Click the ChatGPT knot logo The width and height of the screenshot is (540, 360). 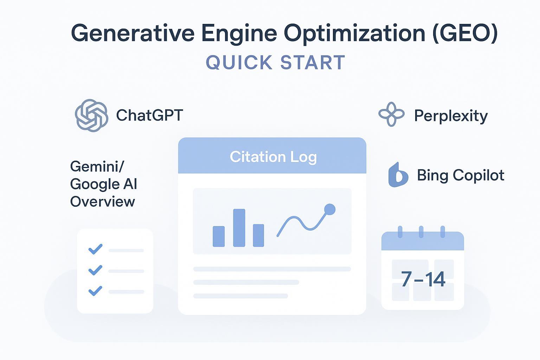point(91,116)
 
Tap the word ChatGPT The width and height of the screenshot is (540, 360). point(149,115)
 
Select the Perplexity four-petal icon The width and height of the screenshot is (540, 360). point(391,114)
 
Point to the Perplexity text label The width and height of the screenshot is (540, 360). point(451,116)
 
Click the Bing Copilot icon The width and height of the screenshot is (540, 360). point(398,175)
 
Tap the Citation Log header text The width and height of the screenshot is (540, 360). point(273,157)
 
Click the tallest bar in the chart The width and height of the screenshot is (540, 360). point(239,228)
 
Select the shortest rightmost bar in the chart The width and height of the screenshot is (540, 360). point(258,235)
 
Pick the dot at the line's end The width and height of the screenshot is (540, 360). point(329,210)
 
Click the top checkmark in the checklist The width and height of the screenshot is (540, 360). point(95,249)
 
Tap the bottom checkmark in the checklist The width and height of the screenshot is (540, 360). point(95,291)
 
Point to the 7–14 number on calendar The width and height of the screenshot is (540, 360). point(423,279)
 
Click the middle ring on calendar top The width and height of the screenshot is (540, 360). point(421,232)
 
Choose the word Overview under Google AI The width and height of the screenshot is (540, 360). point(102,201)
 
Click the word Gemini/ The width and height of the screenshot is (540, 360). point(97,166)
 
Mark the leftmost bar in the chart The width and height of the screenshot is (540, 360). point(219,236)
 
